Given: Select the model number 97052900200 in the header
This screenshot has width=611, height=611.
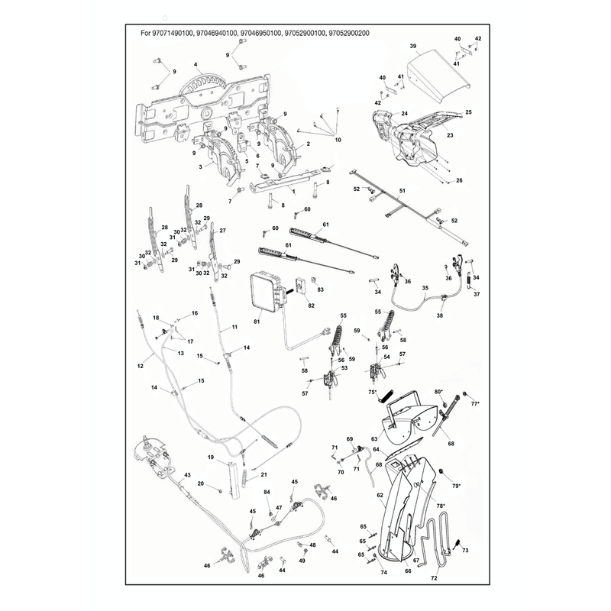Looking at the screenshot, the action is tap(349, 33).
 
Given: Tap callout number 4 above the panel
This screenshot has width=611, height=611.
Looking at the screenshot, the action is tap(196, 65).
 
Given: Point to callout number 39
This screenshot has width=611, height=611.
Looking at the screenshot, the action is tap(413, 46).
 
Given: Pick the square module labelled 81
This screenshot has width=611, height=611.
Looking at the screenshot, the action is tap(267, 293).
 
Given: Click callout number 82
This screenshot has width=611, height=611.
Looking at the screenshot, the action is tap(311, 305).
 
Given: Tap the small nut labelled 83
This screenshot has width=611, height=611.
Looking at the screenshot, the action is tap(312, 280).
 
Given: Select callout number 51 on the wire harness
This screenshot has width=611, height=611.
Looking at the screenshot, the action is tap(402, 190).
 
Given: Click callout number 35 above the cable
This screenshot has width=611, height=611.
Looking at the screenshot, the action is tap(425, 288).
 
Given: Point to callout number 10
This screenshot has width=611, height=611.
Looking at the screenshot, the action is tap(338, 140).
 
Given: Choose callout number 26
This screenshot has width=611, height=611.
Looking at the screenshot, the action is tap(459, 180).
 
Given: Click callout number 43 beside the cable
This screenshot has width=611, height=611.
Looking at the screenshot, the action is tap(187, 475).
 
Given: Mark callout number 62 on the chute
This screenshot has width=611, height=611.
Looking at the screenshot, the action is tap(380, 495).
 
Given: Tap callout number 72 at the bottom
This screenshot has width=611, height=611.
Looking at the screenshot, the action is tap(434, 578).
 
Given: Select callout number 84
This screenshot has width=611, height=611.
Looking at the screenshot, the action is tap(267, 493).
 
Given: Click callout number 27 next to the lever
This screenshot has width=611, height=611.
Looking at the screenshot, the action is tap(222, 231).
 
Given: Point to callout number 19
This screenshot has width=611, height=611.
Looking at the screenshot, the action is tap(211, 457).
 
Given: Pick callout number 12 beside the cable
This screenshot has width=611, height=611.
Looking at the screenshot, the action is tap(141, 366).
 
